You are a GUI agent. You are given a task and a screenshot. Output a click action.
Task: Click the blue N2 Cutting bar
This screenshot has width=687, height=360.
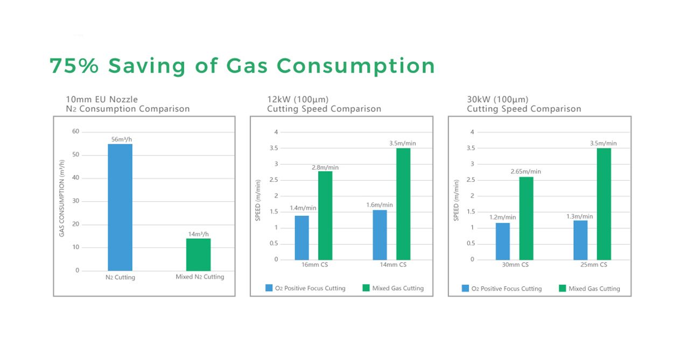tap(120, 207)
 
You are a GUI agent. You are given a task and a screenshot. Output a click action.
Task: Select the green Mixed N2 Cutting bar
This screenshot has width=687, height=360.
tap(199, 255)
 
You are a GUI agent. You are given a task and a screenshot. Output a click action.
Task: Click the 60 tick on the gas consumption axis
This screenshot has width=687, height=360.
tap(76, 131)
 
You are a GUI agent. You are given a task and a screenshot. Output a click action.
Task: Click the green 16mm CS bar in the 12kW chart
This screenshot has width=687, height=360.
tap(325, 215)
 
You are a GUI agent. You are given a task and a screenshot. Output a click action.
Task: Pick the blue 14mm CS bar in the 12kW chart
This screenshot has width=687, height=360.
tap(380, 235)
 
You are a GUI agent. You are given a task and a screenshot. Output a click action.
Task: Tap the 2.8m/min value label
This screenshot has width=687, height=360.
tap(325, 167)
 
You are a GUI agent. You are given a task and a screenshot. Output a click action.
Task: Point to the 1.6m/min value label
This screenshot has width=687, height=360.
tap(380, 205)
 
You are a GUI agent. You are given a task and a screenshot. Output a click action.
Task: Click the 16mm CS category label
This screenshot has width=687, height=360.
tap(314, 265)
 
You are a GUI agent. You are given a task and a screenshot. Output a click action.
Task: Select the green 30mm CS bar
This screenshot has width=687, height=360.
tap(526, 218)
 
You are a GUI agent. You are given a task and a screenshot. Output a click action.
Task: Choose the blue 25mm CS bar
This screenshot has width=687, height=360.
tap(580, 240)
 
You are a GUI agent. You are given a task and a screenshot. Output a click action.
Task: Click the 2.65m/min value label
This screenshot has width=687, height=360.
tap(526, 172)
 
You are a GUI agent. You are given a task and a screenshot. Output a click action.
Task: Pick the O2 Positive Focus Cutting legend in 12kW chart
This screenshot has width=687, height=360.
tap(305, 288)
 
